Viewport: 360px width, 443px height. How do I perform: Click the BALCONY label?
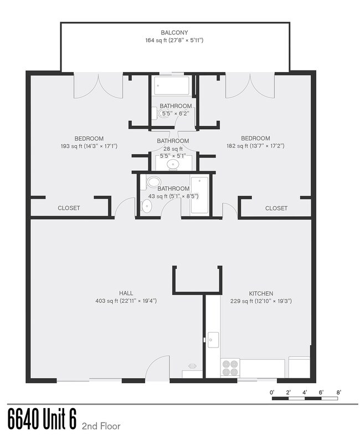tap(174, 33)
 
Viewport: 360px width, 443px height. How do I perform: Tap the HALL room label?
tap(126, 293)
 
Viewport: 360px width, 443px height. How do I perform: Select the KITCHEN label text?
tap(261, 293)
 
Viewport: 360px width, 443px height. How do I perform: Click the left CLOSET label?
tap(69, 208)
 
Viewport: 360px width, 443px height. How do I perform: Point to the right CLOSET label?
tap(276, 208)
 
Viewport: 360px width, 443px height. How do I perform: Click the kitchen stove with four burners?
tap(230, 368)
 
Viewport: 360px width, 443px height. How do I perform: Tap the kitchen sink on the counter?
tap(213, 340)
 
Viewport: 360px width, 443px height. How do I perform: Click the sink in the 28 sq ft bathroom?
tap(172, 164)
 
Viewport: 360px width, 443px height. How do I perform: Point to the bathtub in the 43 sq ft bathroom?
tap(199, 195)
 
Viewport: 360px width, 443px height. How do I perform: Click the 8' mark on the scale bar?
tap(338, 392)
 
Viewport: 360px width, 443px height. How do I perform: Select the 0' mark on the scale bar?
tap(272, 392)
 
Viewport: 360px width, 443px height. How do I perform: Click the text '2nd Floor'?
tap(101, 426)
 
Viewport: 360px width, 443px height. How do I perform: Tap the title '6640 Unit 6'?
tap(42, 419)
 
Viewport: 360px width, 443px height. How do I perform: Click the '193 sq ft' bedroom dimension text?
tap(89, 146)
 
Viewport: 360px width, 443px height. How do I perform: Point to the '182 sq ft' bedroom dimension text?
tap(256, 146)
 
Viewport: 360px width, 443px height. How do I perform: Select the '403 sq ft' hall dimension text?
tap(126, 301)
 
